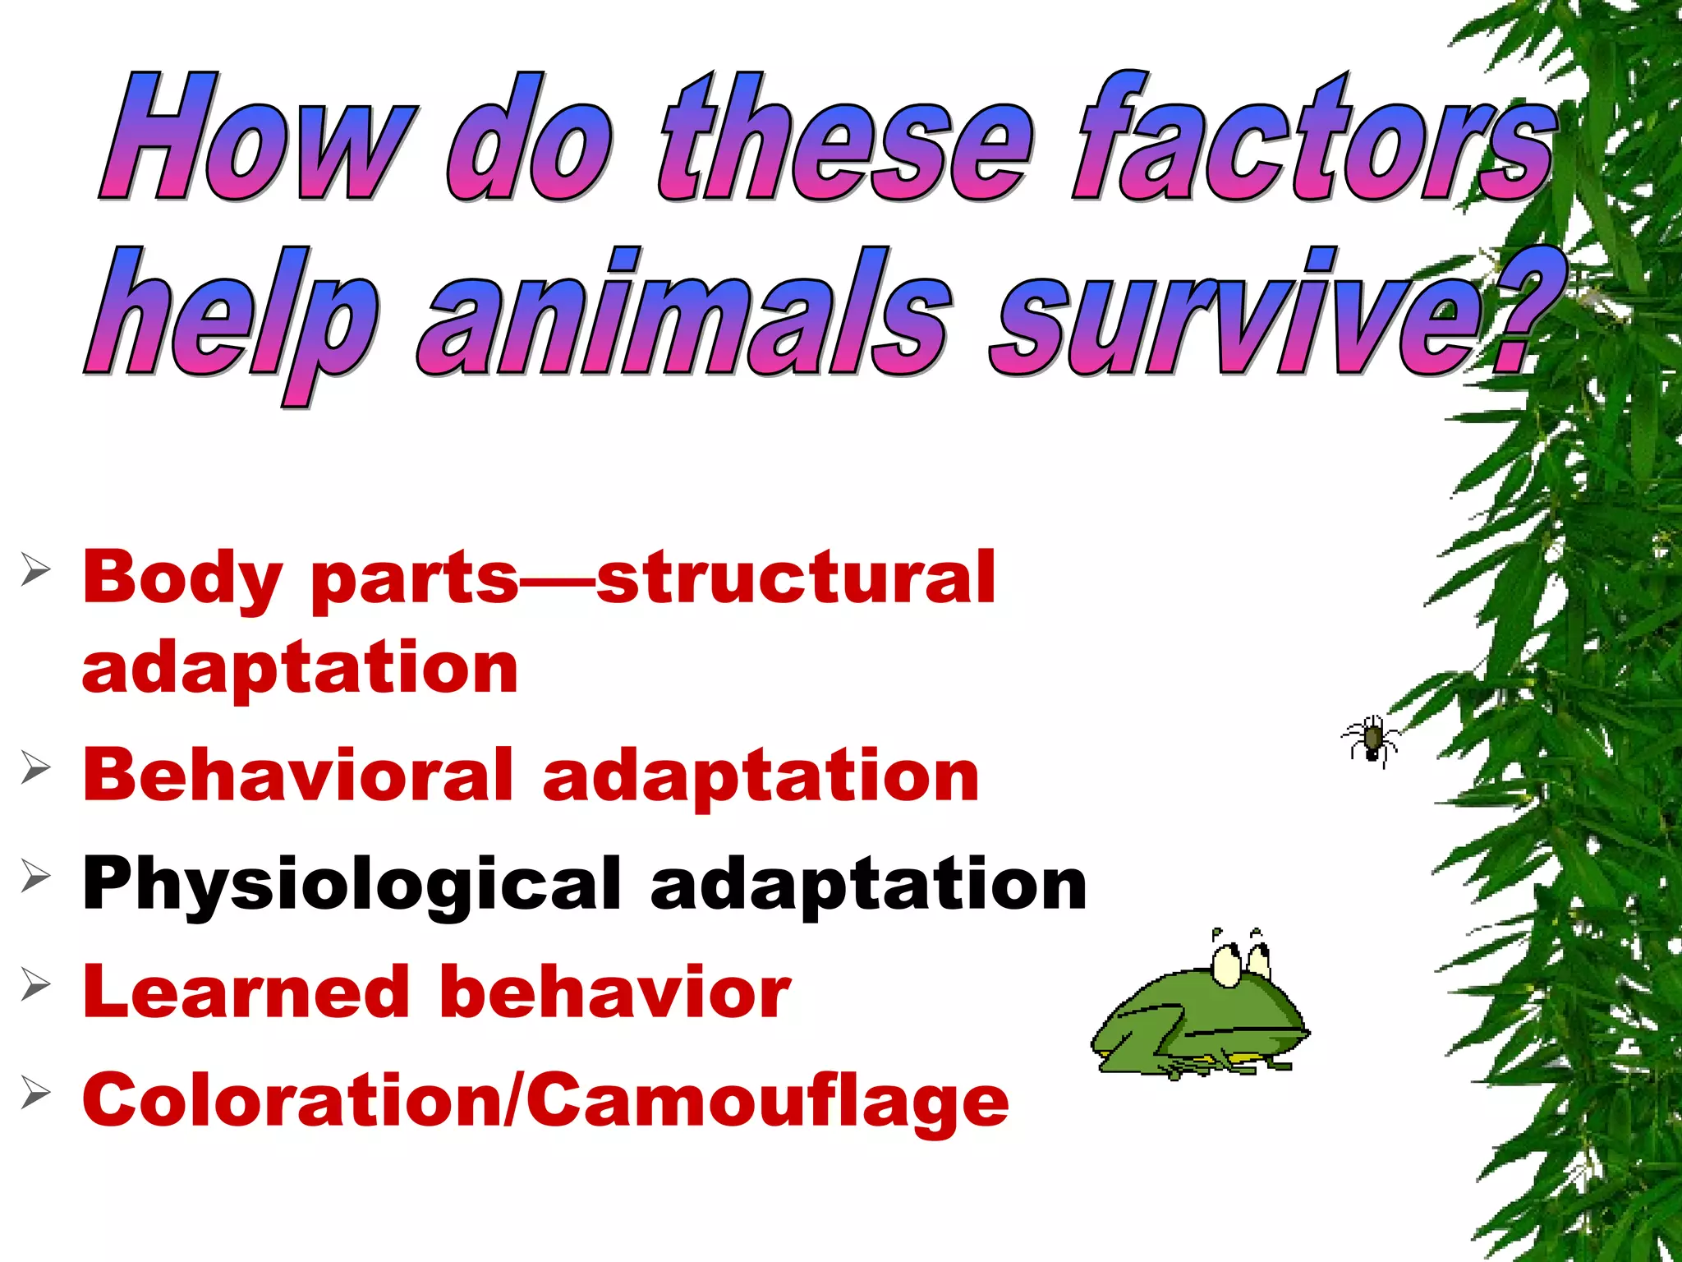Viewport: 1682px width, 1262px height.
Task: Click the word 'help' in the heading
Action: pos(230,320)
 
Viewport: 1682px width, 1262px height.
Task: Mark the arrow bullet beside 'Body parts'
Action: pos(35,569)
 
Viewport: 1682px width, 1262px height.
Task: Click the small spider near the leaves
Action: pos(1371,739)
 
